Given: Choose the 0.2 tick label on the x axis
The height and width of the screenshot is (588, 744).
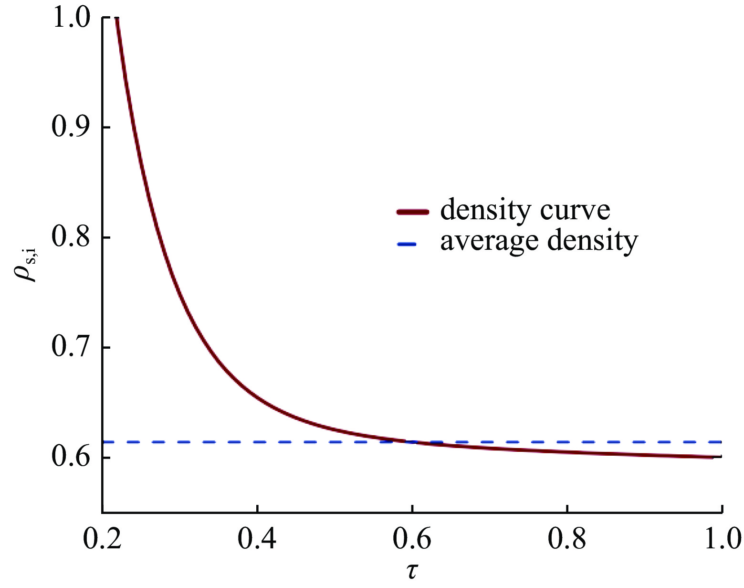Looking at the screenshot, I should click(x=102, y=538).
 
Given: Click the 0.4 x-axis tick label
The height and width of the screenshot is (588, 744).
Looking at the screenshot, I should click(x=257, y=538).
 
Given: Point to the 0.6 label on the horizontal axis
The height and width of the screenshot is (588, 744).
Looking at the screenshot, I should click(x=411, y=538).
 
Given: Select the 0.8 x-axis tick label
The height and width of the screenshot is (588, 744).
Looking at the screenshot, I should click(x=566, y=538).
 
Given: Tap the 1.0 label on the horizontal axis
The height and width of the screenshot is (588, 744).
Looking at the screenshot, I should click(x=721, y=538).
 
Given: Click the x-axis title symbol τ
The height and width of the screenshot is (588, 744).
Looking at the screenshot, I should click(x=412, y=571).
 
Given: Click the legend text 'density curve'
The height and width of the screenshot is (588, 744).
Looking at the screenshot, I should click(x=525, y=210).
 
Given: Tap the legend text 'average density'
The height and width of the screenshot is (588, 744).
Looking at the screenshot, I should click(x=539, y=241).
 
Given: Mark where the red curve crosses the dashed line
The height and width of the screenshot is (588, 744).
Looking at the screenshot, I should click(x=409, y=441).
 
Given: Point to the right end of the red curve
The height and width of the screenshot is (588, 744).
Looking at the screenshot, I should click(x=712, y=457).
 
